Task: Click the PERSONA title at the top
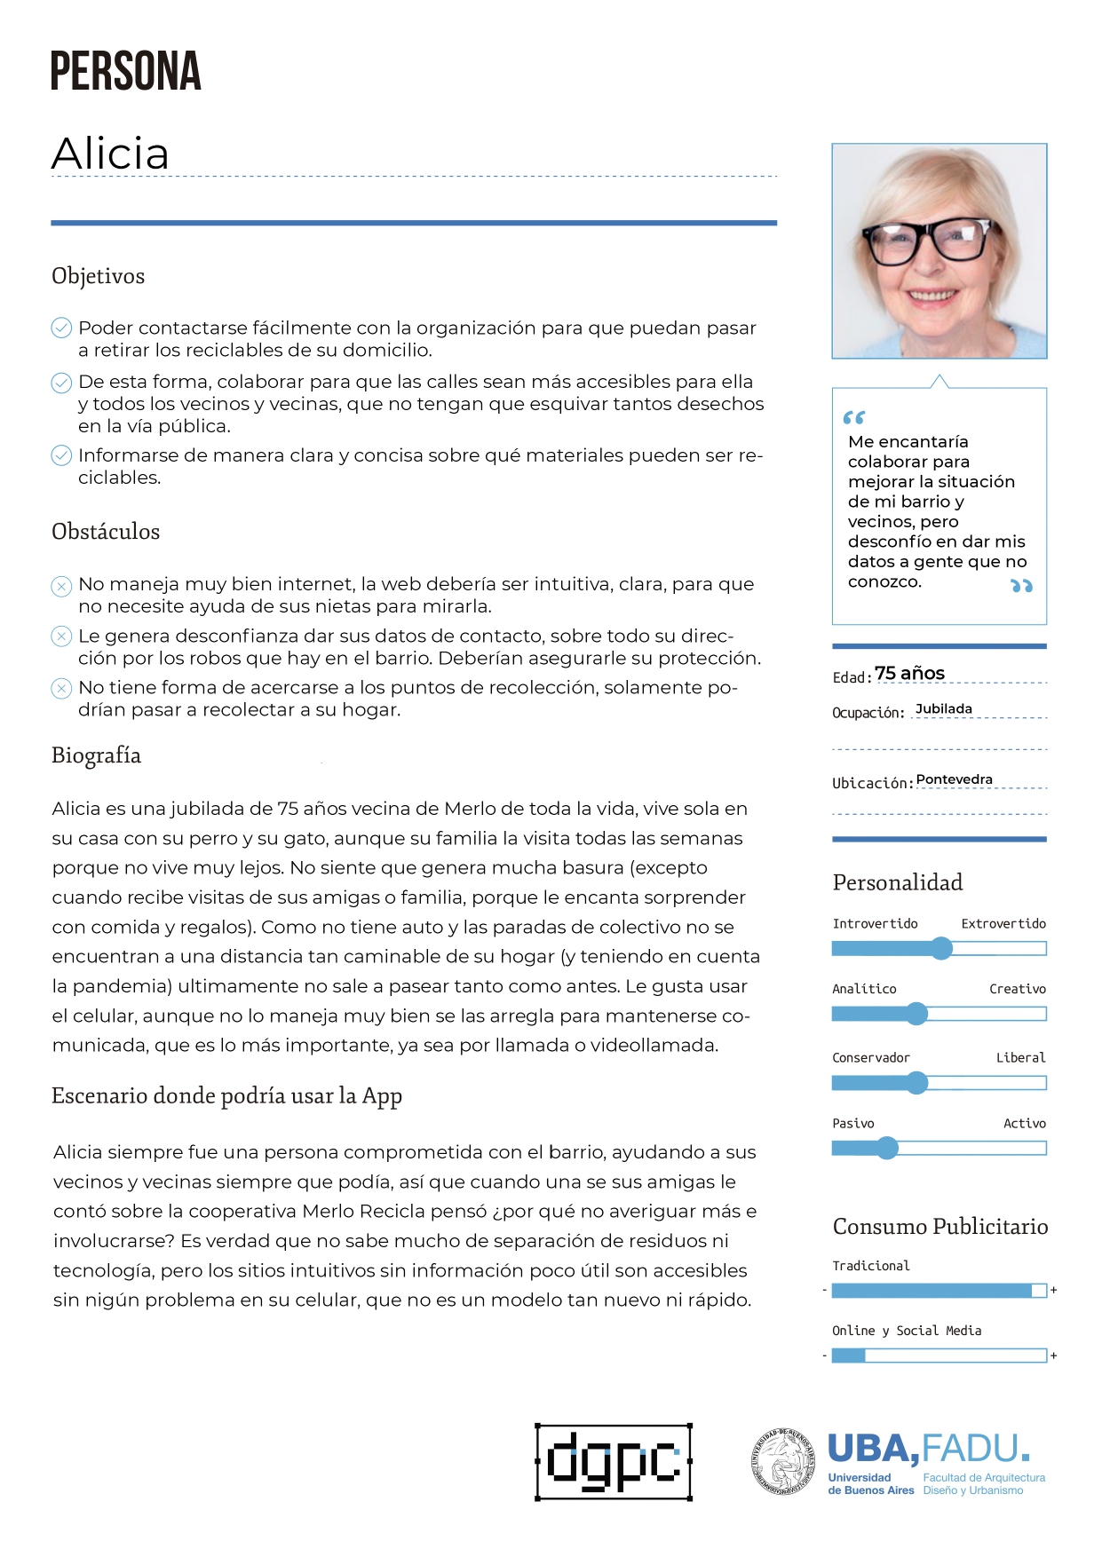point(125,72)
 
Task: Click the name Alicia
point(110,154)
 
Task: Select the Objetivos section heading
point(98,276)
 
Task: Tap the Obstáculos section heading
point(106,532)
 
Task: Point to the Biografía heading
point(96,755)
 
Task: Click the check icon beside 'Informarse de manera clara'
point(61,455)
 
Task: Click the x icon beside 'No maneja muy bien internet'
point(61,586)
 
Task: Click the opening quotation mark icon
point(853,417)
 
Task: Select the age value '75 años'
point(909,673)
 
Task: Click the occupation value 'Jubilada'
point(943,708)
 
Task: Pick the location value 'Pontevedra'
point(954,779)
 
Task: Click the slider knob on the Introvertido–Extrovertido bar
point(941,949)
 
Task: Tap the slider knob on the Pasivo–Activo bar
point(887,1149)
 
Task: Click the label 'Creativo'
point(1018,989)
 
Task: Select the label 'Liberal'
point(1020,1057)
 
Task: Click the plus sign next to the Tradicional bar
point(1054,1290)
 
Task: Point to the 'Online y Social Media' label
point(907,1331)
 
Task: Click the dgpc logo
point(614,1462)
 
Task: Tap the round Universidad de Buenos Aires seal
point(784,1461)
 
